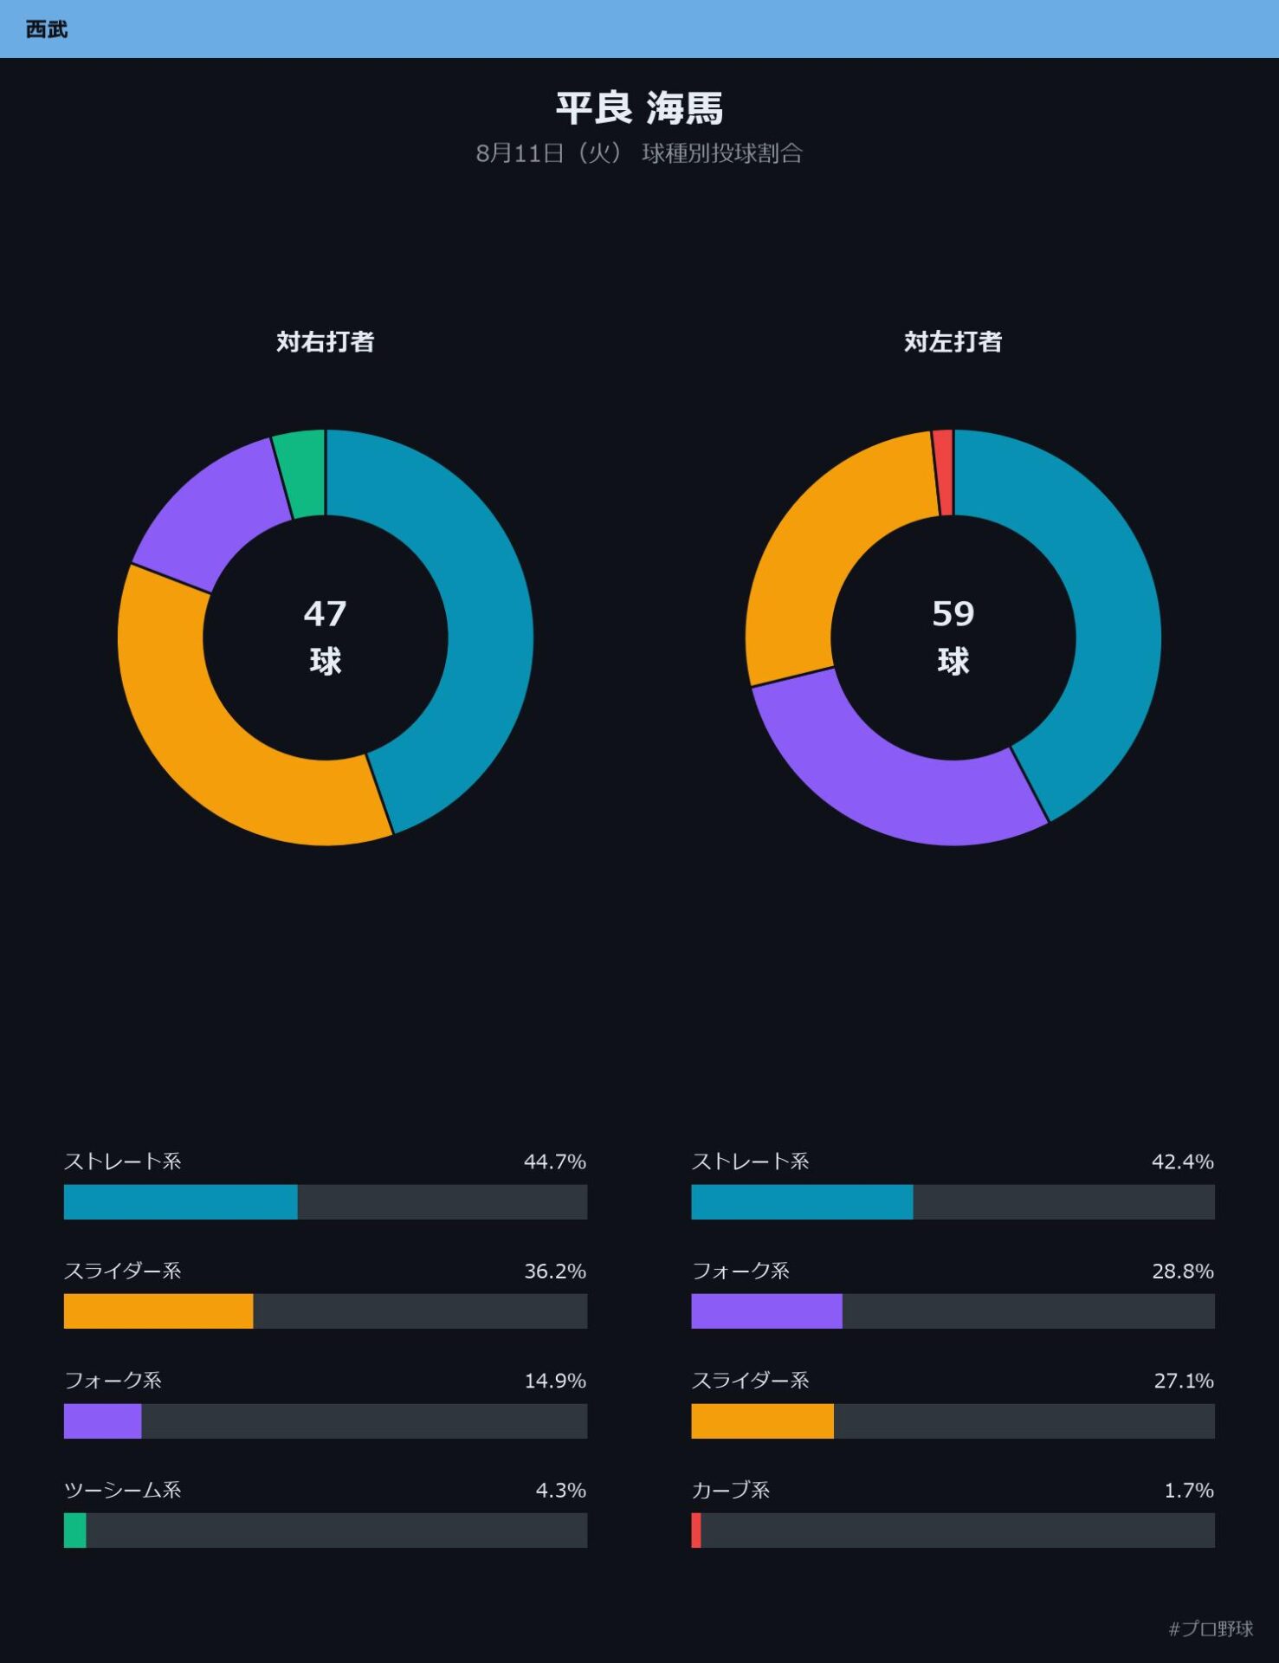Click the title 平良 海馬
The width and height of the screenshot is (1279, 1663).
[639, 108]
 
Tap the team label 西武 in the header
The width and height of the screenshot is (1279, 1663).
[47, 29]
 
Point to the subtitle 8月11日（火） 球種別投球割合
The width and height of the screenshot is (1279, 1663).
[639, 153]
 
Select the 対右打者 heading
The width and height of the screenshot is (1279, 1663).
[326, 342]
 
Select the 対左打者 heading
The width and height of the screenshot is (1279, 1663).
[953, 342]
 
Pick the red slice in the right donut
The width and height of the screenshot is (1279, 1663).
[944, 473]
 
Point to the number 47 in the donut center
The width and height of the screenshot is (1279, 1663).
[326, 614]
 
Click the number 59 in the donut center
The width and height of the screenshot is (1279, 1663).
[953, 614]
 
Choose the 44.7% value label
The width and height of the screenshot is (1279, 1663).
[555, 1162]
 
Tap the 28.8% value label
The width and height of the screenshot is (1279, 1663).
[1183, 1272]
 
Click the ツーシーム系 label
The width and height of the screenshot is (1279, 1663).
[123, 1490]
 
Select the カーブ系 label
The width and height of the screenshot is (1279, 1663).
[731, 1490]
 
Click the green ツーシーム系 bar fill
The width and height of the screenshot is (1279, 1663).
[75, 1530]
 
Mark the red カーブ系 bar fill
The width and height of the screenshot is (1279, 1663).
[696, 1530]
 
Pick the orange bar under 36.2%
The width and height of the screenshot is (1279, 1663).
[158, 1311]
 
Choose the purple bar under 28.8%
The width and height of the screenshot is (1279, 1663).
[767, 1311]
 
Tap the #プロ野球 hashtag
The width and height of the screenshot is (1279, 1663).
[1211, 1629]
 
